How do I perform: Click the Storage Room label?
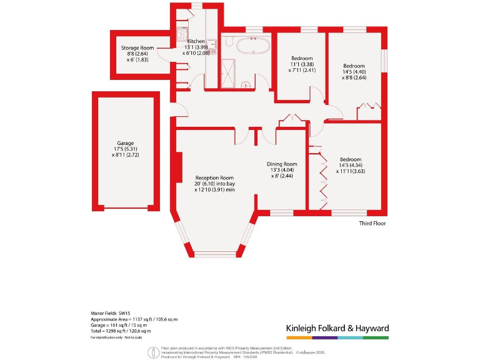pos(137,47)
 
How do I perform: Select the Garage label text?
pos(126,143)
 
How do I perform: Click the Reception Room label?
pos(214,177)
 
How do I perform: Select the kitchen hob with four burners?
pos(182,32)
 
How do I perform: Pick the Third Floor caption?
pos(372,223)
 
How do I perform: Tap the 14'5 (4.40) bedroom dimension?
pos(354,72)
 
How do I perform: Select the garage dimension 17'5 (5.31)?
pos(126,149)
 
